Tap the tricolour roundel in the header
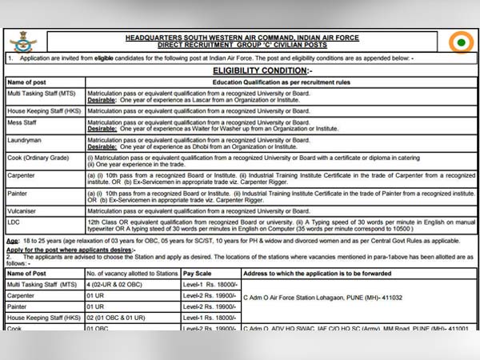tap(461, 42)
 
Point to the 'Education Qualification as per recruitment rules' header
tap(281, 82)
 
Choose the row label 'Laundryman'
tap(25, 140)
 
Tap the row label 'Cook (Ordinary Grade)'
tap(38, 158)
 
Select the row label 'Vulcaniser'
tap(24, 210)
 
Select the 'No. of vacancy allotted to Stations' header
tap(131, 273)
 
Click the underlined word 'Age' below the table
tap(12, 240)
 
